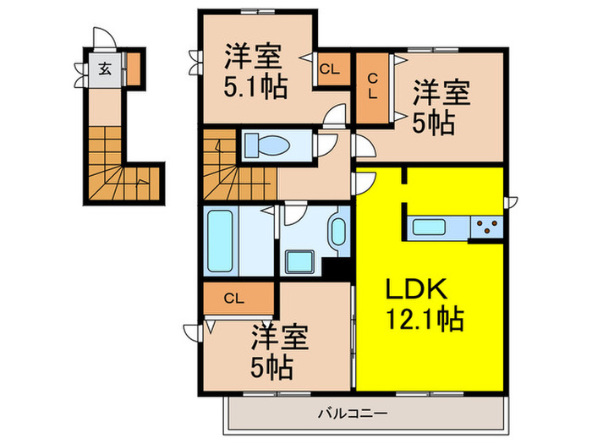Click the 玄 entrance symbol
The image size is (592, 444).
click(103, 69)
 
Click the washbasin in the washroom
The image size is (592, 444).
click(337, 232)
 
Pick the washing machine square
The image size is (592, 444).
click(300, 260)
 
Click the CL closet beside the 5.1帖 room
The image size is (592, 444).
click(329, 69)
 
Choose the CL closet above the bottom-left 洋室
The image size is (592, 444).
click(238, 298)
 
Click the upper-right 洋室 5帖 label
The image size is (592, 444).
click(440, 106)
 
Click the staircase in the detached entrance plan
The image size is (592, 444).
click(118, 169)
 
